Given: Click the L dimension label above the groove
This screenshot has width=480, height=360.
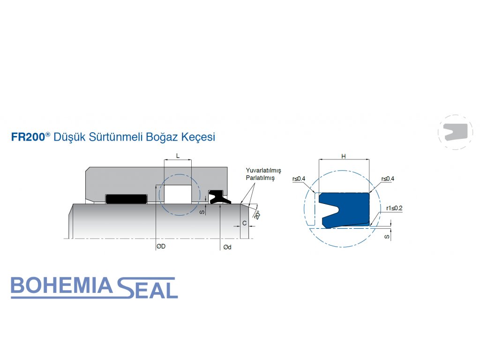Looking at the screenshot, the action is click(178, 155).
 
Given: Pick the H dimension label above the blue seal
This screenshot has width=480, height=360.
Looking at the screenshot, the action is click(344, 157).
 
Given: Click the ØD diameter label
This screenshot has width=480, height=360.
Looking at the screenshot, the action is click(161, 247).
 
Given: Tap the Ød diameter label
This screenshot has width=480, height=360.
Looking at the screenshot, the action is click(227, 247).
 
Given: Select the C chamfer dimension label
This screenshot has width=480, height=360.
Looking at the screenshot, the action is click(244, 223).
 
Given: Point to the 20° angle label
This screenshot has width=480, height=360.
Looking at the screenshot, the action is click(257, 214).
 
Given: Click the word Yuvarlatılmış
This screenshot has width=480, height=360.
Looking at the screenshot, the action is click(263, 170).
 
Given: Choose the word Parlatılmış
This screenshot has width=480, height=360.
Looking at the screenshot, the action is click(260, 178).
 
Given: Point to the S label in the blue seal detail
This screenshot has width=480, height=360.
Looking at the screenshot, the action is click(387, 237).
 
